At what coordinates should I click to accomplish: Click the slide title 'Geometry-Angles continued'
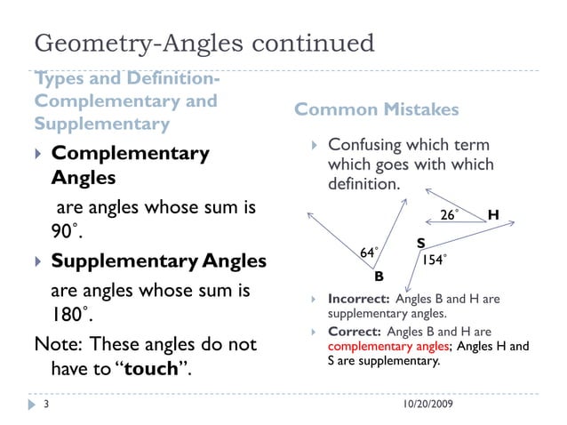click(204, 43)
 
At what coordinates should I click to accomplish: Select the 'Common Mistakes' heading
click(376, 109)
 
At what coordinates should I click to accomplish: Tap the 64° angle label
click(368, 253)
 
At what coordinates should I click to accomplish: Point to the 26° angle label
click(450, 215)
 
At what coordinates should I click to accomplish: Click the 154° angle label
click(433, 260)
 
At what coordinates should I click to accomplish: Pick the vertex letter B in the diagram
click(379, 277)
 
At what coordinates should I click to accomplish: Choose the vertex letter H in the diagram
click(493, 215)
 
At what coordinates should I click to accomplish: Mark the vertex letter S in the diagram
click(420, 243)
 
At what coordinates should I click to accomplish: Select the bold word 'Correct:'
click(355, 332)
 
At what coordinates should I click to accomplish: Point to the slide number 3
click(44, 405)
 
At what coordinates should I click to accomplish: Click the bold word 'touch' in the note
click(152, 369)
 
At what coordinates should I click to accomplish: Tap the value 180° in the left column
click(70, 316)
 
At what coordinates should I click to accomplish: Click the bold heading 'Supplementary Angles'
click(158, 261)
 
